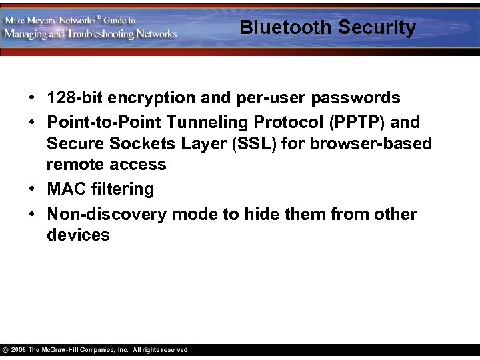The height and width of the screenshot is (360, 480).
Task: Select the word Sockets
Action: click(135, 143)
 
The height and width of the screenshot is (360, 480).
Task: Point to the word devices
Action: click(78, 235)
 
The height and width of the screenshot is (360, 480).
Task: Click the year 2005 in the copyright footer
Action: click(19, 350)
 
